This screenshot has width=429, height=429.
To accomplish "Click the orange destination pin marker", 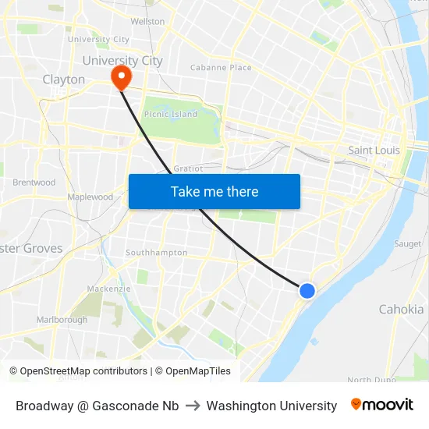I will (121, 77).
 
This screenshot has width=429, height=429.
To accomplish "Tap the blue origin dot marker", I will (307, 290).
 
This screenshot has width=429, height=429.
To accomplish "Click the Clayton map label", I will (64, 80).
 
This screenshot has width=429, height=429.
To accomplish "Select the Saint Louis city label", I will (374, 150).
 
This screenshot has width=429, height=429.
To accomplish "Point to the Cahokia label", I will (401, 309).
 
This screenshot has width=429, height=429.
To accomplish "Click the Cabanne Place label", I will (221, 68).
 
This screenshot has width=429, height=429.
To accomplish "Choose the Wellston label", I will (147, 22).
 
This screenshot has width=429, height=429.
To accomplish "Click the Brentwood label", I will (34, 183).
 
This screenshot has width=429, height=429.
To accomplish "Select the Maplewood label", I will (90, 197).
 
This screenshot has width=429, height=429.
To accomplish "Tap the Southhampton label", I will (157, 253).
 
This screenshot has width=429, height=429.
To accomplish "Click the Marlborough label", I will (62, 320).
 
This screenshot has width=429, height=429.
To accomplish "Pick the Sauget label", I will (407, 244).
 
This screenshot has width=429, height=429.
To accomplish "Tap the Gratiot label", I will (188, 168).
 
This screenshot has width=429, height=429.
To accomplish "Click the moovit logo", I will (381, 405).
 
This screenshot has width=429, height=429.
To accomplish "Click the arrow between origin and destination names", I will (193, 406).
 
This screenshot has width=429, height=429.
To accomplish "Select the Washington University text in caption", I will (271, 406).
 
